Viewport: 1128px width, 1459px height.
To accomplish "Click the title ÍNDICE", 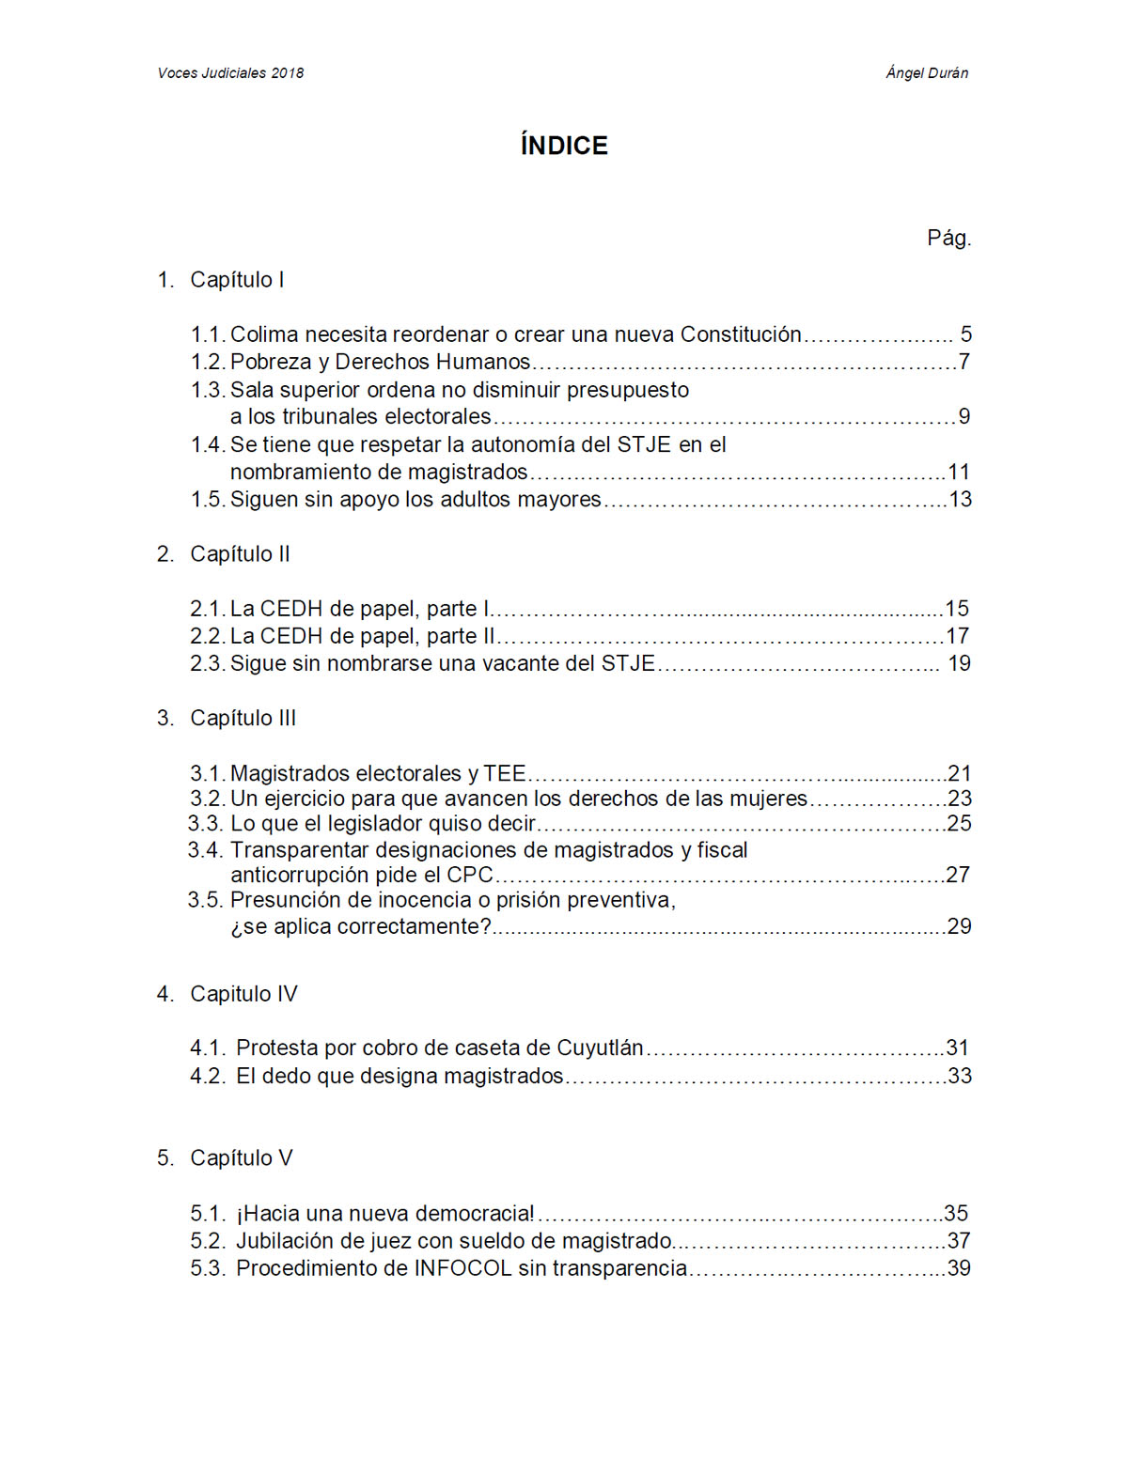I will coord(564,146).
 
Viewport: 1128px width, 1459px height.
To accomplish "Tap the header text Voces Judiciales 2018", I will coord(230,73).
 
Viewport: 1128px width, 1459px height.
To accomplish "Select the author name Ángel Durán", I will coord(927,73).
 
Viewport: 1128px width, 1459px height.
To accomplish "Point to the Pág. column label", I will coord(948,238).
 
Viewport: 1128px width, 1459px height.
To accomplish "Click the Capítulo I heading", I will coord(237,280).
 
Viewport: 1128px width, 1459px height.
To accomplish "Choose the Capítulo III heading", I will coord(243,719).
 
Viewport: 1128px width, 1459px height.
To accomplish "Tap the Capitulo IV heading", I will coord(243,994).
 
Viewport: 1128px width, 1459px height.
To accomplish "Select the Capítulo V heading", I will coord(241,1158).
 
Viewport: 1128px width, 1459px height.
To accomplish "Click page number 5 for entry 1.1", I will coord(965,334).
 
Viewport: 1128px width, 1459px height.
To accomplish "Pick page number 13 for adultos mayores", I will coord(960,500).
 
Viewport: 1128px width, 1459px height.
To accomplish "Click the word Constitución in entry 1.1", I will coord(741,334).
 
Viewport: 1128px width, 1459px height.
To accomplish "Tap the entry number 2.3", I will coord(207,664).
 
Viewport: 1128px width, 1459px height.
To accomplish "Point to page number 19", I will coord(959,664).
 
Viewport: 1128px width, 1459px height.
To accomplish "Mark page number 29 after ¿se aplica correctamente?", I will coord(959,926).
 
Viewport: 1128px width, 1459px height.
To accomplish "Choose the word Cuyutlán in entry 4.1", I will coord(600,1048).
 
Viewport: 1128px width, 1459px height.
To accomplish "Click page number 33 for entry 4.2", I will coord(960,1077).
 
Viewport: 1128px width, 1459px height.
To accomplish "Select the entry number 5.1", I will coord(207,1214).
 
